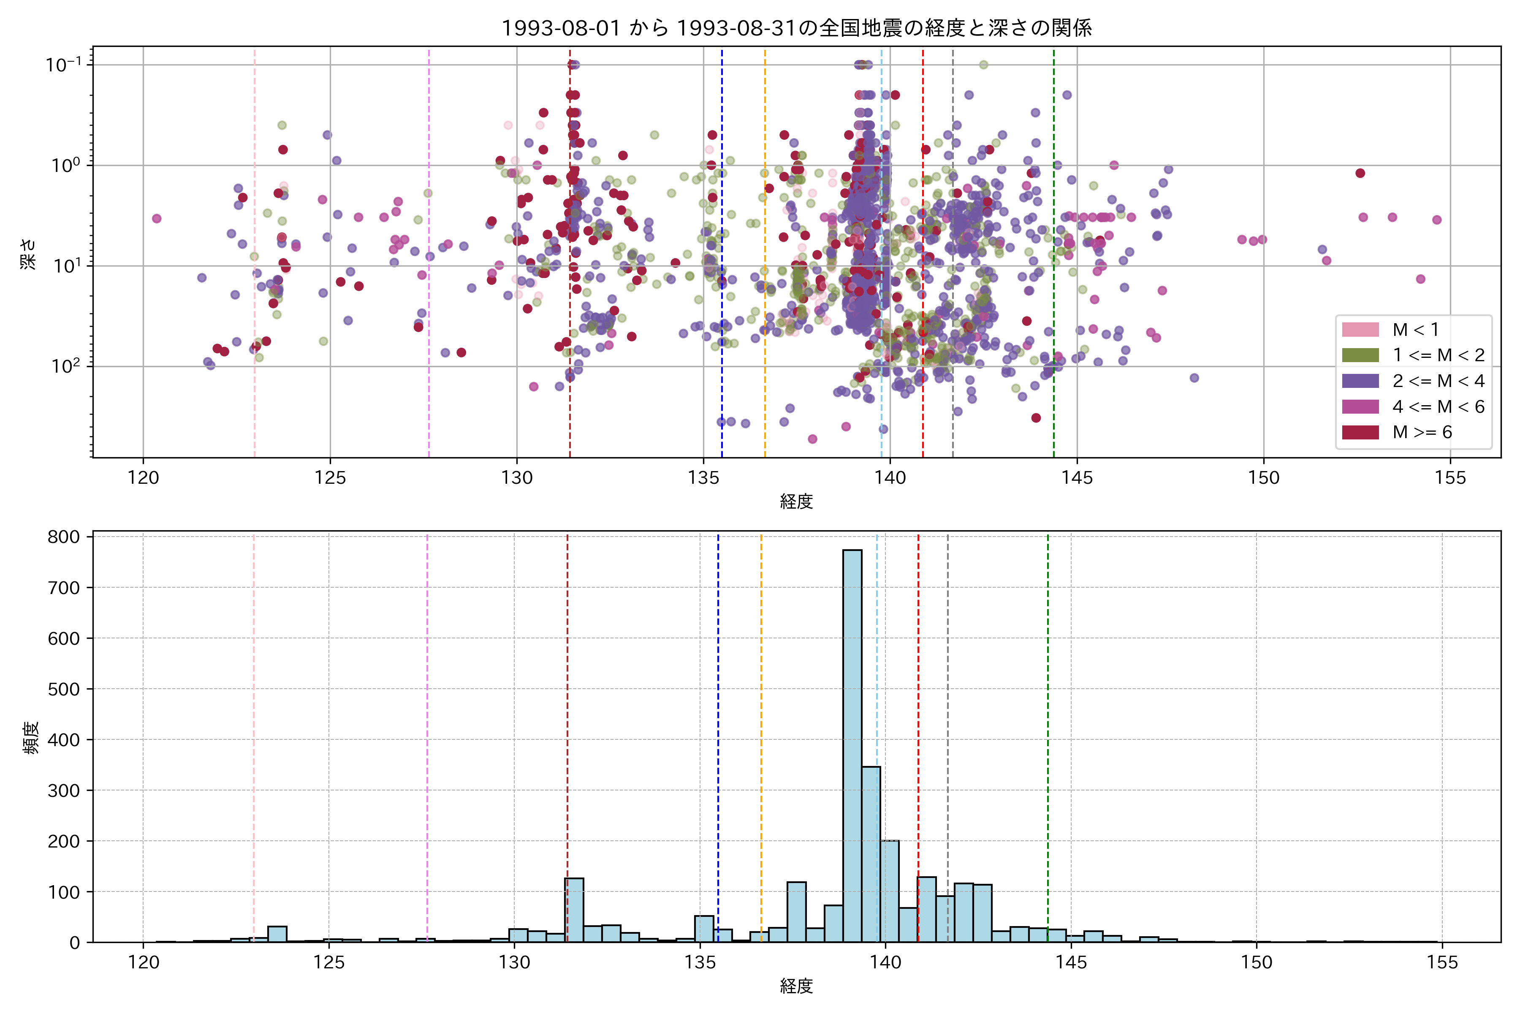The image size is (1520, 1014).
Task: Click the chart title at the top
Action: [x=796, y=28]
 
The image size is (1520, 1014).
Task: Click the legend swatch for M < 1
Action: [x=1360, y=330]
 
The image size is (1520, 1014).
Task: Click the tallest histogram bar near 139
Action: [x=852, y=744]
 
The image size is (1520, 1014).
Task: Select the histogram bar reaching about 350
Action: [x=871, y=853]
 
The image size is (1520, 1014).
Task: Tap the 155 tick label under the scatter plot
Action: [x=1450, y=478]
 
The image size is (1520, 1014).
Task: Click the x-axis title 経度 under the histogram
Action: [x=796, y=986]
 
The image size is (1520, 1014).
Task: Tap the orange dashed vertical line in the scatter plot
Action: [x=765, y=259]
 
